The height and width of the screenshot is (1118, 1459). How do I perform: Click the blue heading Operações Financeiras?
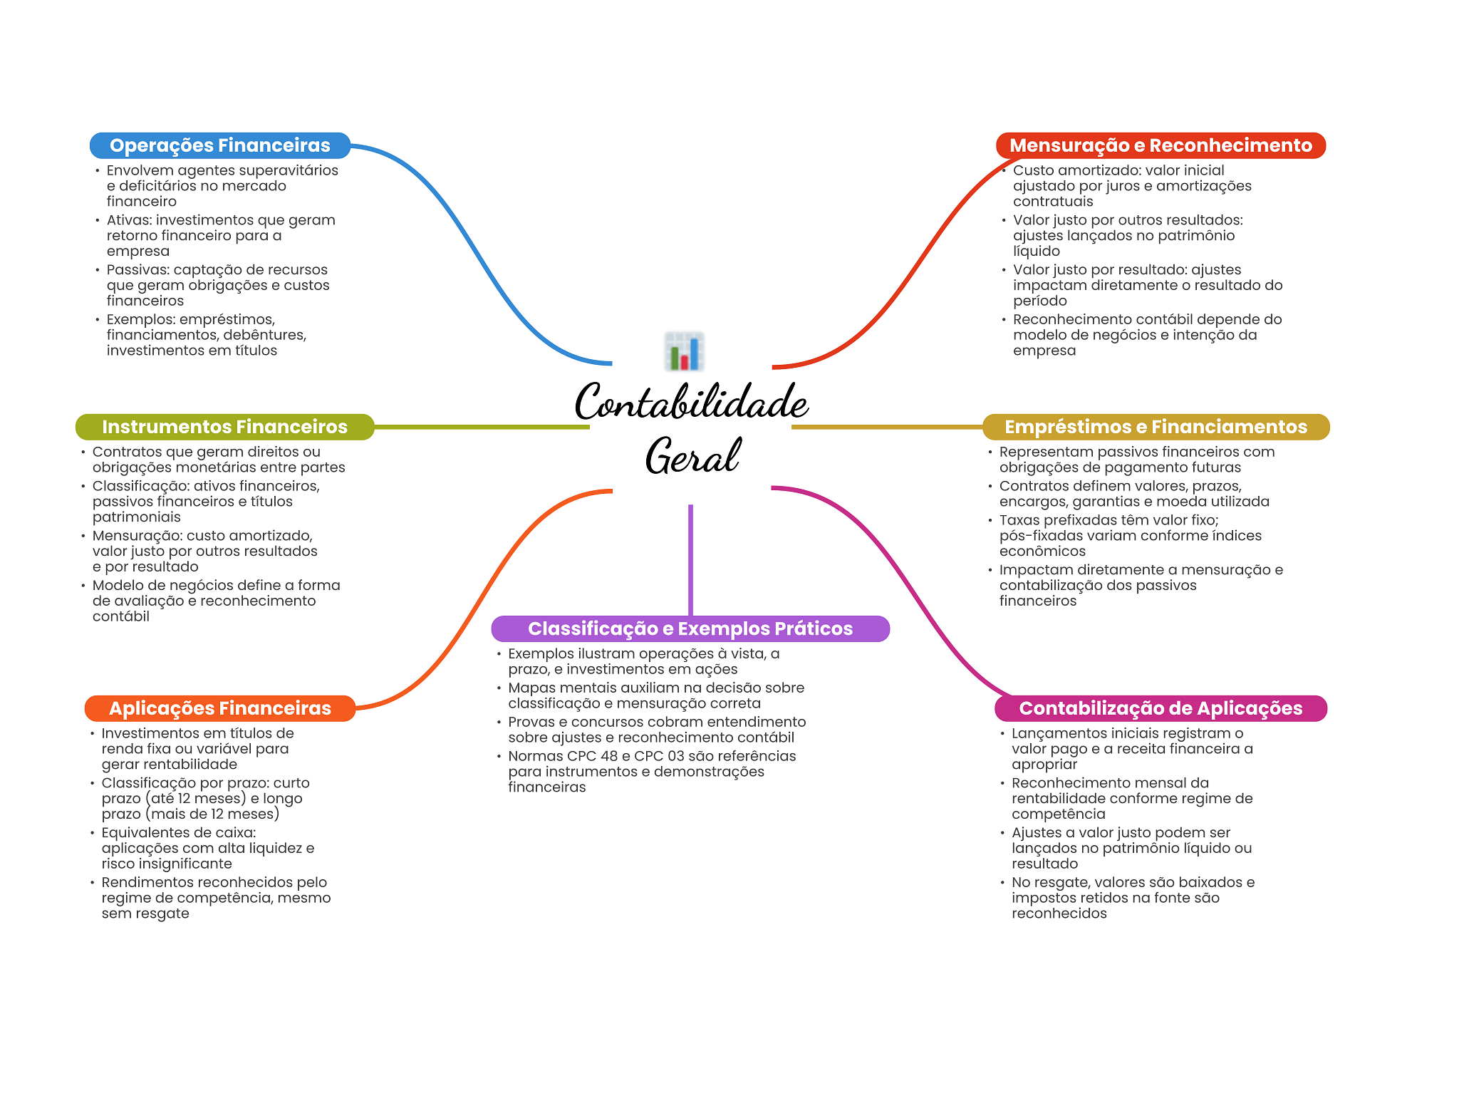219,145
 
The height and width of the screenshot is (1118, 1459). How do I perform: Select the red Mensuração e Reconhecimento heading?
1161,145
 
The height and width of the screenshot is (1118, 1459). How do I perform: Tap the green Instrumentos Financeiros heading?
224,427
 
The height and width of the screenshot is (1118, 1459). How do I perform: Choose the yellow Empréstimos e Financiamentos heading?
1156,427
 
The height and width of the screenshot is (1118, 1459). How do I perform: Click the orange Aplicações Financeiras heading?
219,708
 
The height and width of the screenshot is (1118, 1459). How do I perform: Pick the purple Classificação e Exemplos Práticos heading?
690,628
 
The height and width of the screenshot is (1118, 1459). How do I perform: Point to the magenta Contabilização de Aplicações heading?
1161,708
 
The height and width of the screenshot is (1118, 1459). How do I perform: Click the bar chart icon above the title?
685,351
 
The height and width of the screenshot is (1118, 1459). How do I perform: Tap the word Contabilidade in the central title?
691,401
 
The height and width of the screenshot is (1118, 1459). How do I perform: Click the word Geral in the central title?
692,455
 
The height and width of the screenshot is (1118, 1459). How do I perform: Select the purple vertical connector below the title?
690,560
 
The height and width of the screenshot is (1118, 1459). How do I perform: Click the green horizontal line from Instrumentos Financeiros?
482,427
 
